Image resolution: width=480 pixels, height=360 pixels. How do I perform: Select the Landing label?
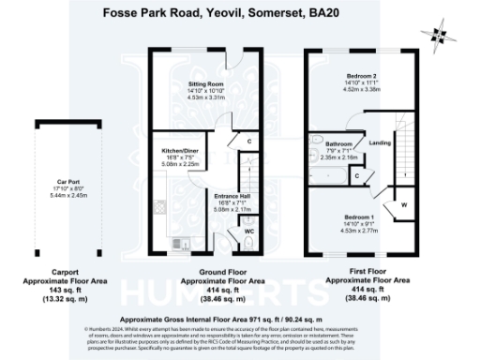pos(381,142)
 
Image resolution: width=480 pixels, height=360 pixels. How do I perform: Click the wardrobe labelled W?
pos(402,204)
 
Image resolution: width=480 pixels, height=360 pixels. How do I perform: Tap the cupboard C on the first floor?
pos(358,175)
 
